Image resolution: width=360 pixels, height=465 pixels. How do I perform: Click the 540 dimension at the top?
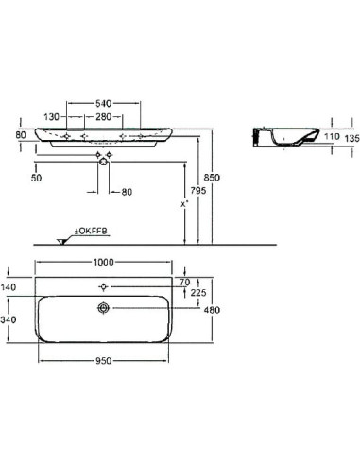click(x=103, y=103)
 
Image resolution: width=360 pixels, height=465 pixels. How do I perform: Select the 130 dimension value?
click(x=51, y=117)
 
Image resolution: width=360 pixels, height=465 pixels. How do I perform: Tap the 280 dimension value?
click(x=104, y=117)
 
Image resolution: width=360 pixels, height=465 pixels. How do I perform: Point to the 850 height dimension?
click(x=212, y=178)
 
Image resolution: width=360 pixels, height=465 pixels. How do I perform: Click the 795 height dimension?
click(x=198, y=191)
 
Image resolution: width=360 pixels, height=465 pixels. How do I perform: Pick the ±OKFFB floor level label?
click(x=91, y=232)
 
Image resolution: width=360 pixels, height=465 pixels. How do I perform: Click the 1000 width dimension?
click(x=104, y=262)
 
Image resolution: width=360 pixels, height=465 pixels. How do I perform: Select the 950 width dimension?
click(x=103, y=361)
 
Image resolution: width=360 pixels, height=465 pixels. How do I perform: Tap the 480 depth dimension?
click(x=212, y=310)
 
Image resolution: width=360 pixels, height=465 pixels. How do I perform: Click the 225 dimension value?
click(x=198, y=293)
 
